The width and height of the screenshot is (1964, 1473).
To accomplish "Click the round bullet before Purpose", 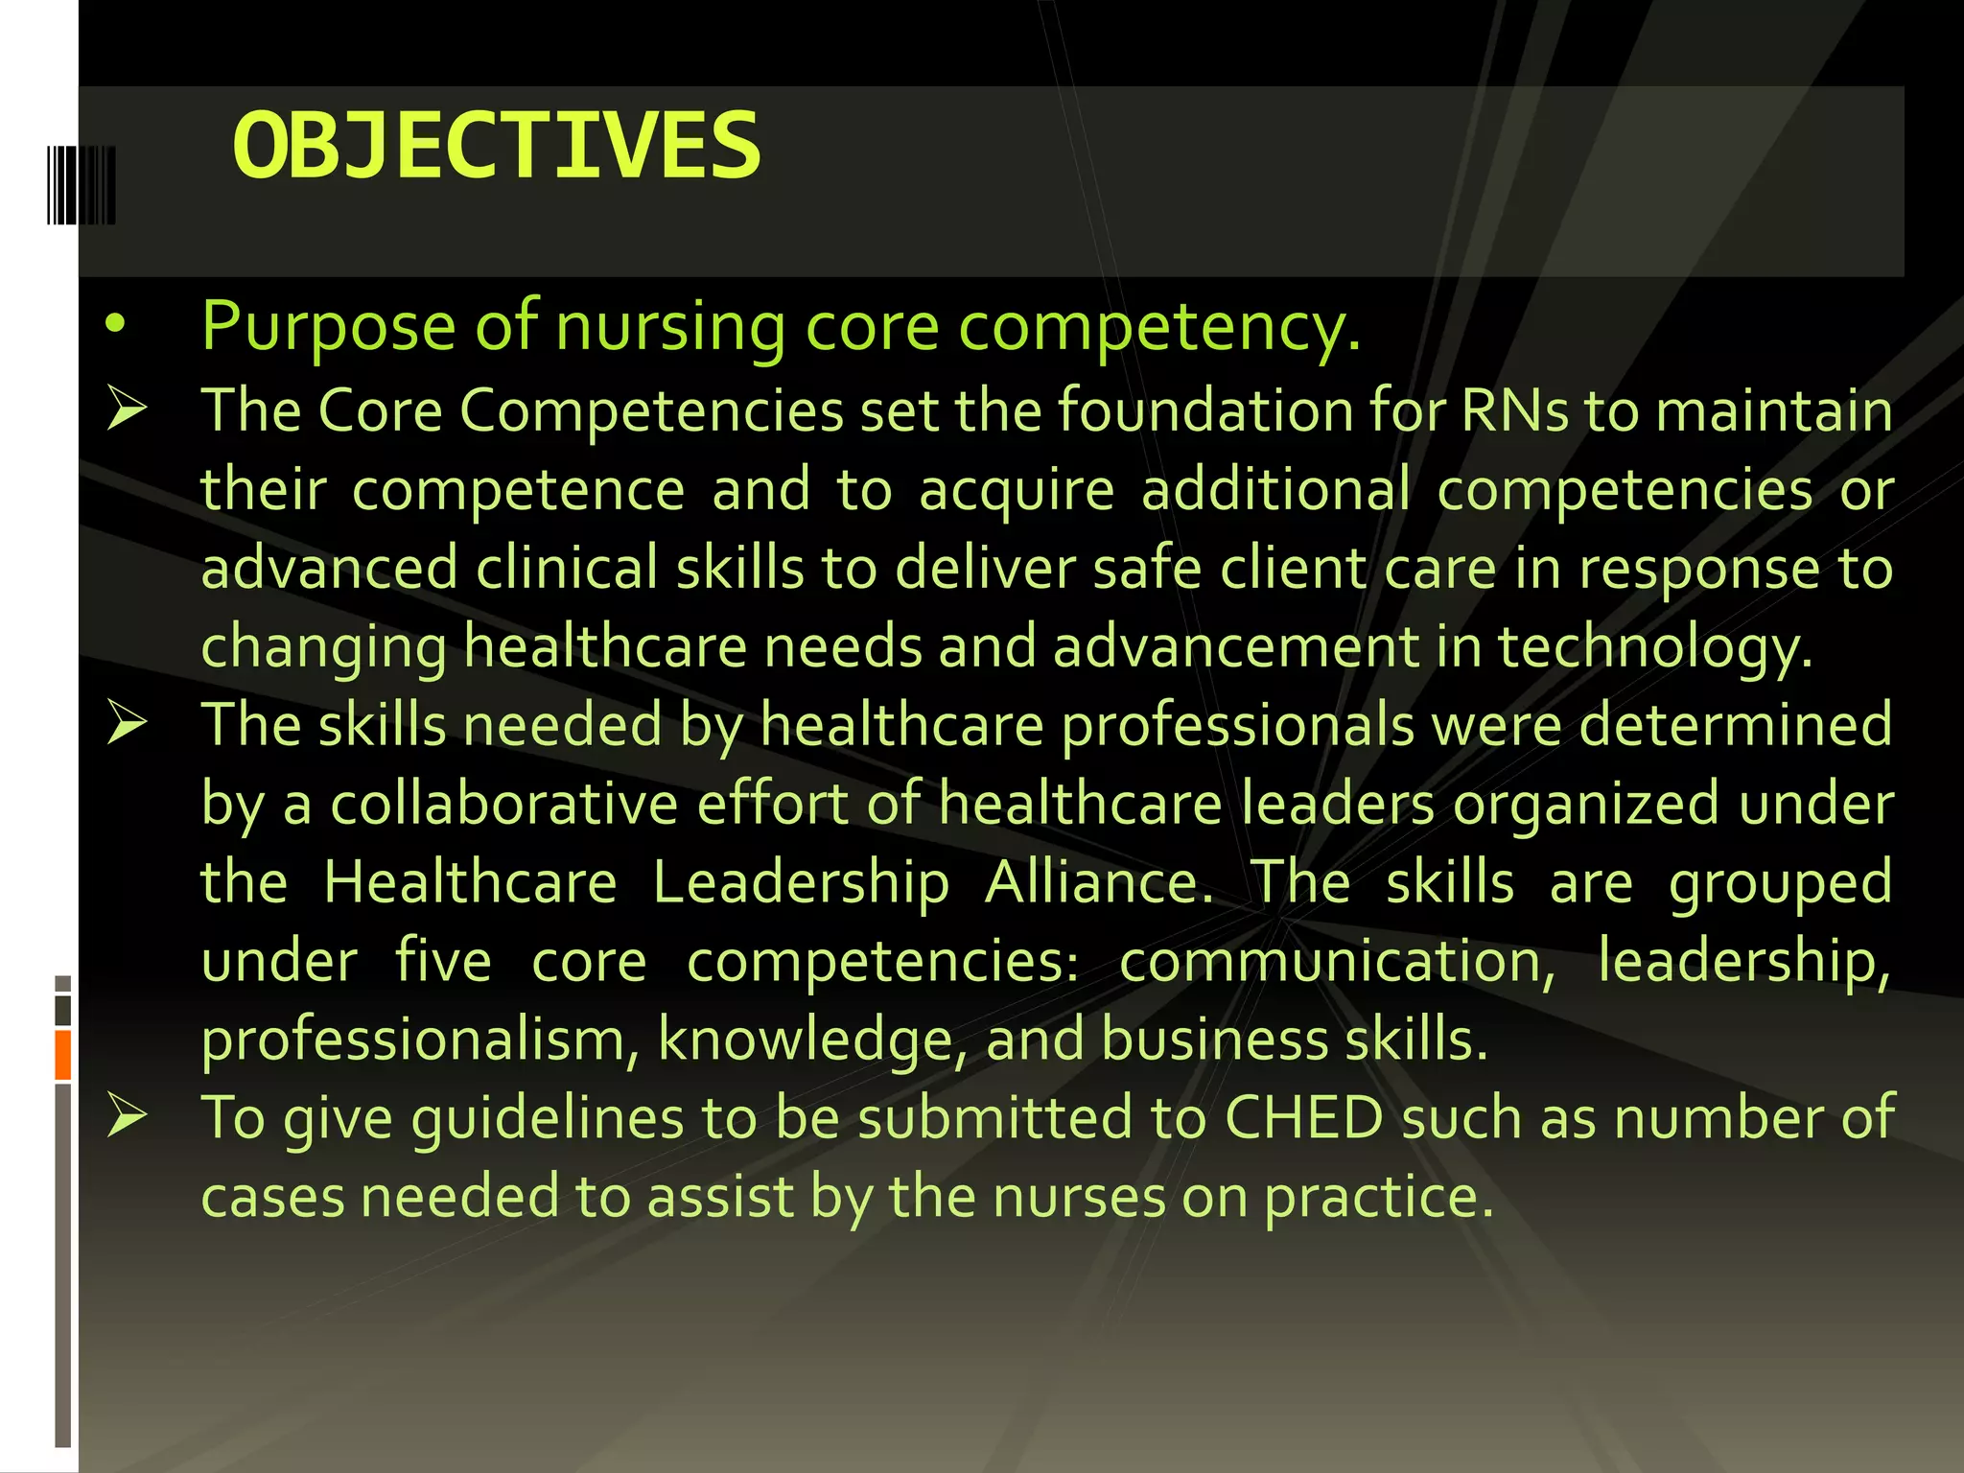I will (116, 326).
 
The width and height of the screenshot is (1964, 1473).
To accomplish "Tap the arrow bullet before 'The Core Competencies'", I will (127, 409).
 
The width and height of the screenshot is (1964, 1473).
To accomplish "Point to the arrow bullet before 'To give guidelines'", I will (127, 1116).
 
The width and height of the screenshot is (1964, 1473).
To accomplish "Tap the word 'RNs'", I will (1514, 411).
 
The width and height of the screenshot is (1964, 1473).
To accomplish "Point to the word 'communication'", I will (1335, 961).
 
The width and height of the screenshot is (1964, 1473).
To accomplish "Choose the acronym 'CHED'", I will (1304, 1118).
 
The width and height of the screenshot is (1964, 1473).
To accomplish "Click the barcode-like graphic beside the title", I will (82, 185).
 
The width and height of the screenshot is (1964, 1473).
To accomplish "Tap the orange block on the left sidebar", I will (63, 1055).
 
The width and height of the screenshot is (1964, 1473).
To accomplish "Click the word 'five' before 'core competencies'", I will (443, 961).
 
